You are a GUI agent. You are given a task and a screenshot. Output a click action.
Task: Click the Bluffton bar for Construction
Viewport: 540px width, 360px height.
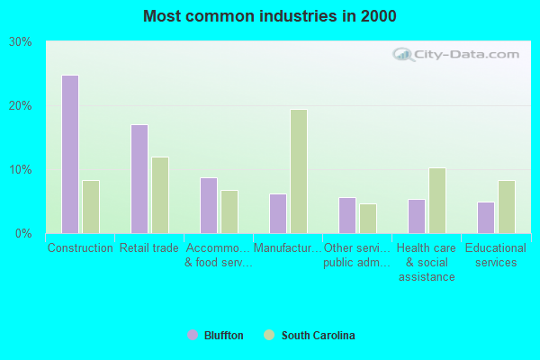(70, 154)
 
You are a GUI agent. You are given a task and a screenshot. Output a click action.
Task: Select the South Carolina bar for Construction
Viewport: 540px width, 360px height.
(91, 207)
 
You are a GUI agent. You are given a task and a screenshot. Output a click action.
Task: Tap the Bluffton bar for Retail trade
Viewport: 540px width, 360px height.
(139, 179)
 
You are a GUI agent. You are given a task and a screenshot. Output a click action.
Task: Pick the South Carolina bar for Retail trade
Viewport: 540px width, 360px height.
(160, 195)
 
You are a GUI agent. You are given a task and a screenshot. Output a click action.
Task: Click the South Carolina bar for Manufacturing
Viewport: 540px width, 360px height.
(299, 171)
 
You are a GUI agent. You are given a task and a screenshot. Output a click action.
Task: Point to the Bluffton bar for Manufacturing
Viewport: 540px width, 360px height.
(278, 213)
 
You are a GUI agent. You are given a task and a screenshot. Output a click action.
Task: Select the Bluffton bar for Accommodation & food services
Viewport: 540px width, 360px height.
(209, 205)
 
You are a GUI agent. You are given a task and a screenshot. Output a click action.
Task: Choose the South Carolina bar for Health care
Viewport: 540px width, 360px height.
(437, 201)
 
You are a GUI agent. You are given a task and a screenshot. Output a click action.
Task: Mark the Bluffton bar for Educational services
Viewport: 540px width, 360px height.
(486, 217)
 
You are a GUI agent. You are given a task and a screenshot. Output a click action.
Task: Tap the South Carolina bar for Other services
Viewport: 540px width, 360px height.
(368, 218)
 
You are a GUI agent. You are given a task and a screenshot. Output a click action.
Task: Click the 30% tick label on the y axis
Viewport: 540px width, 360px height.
(20, 42)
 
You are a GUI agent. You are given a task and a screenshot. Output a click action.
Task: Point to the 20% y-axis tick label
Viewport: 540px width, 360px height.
(20, 106)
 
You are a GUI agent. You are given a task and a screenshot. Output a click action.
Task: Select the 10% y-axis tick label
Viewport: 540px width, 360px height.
(20, 170)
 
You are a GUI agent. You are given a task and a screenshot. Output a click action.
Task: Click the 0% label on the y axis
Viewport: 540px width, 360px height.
(23, 234)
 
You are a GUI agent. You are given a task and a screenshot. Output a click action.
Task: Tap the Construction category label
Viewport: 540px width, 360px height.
(80, 248)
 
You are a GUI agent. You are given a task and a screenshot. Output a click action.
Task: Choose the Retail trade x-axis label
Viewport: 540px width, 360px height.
(149, 248)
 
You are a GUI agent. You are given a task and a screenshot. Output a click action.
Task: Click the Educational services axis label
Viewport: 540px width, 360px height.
(496, 256)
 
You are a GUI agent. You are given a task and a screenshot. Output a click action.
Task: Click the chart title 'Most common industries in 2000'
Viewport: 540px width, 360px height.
(269, 16)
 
